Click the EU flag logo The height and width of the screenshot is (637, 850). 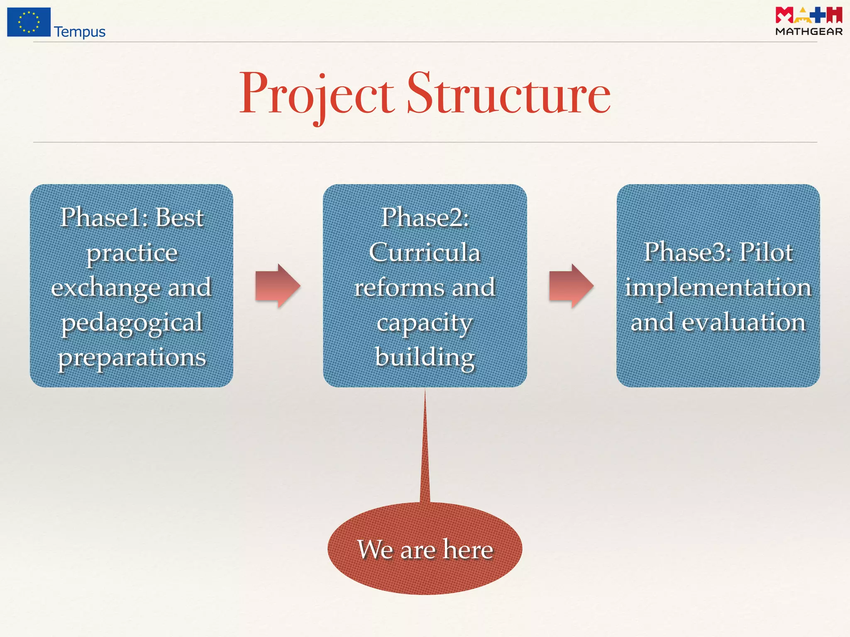[29, 22]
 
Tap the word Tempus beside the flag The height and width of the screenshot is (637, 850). [80, 32]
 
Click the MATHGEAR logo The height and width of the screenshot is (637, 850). [808, 21]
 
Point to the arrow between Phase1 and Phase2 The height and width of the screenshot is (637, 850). [277, 286]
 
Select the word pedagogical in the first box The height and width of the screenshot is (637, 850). [132, 322]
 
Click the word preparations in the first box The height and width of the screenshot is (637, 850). [132, 357]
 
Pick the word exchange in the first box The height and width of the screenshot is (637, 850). [105, 287]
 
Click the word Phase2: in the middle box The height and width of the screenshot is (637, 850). [425, 217]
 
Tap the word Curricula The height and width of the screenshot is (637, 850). [425, 252]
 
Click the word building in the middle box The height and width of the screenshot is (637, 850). [425, 357]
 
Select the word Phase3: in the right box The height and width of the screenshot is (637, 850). [688, 252]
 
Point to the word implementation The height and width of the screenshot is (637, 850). [718, 287]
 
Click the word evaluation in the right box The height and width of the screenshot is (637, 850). [743, 322]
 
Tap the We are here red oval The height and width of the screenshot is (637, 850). [425, 549]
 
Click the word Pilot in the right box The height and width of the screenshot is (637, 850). [766, 252]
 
